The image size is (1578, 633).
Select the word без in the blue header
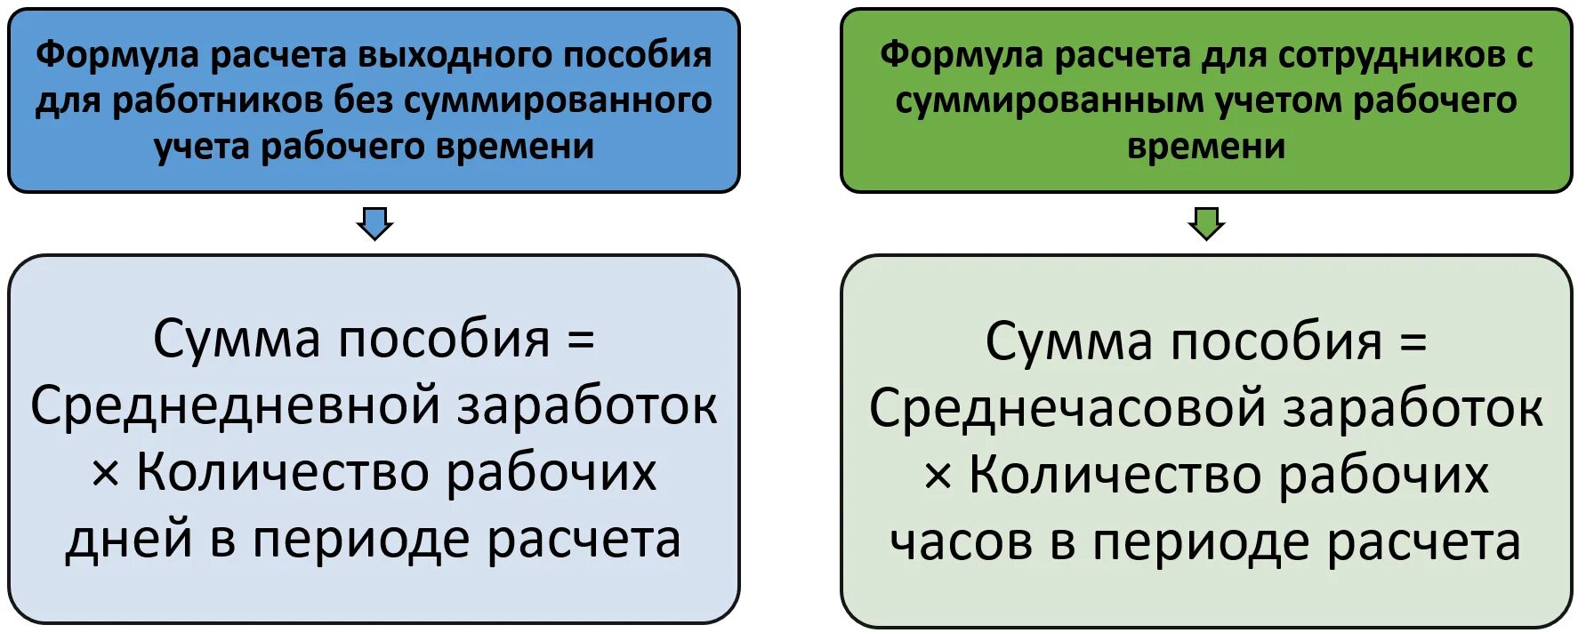pos(363,100)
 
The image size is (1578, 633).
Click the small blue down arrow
pos(374,223)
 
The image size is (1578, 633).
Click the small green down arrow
pos(1206,223)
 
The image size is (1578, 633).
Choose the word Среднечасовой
pos(1068,409)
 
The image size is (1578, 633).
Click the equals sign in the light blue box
pos(581,340)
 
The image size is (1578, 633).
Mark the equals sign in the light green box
pos(1413,342)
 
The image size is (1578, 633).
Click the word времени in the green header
pos(1206,147)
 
